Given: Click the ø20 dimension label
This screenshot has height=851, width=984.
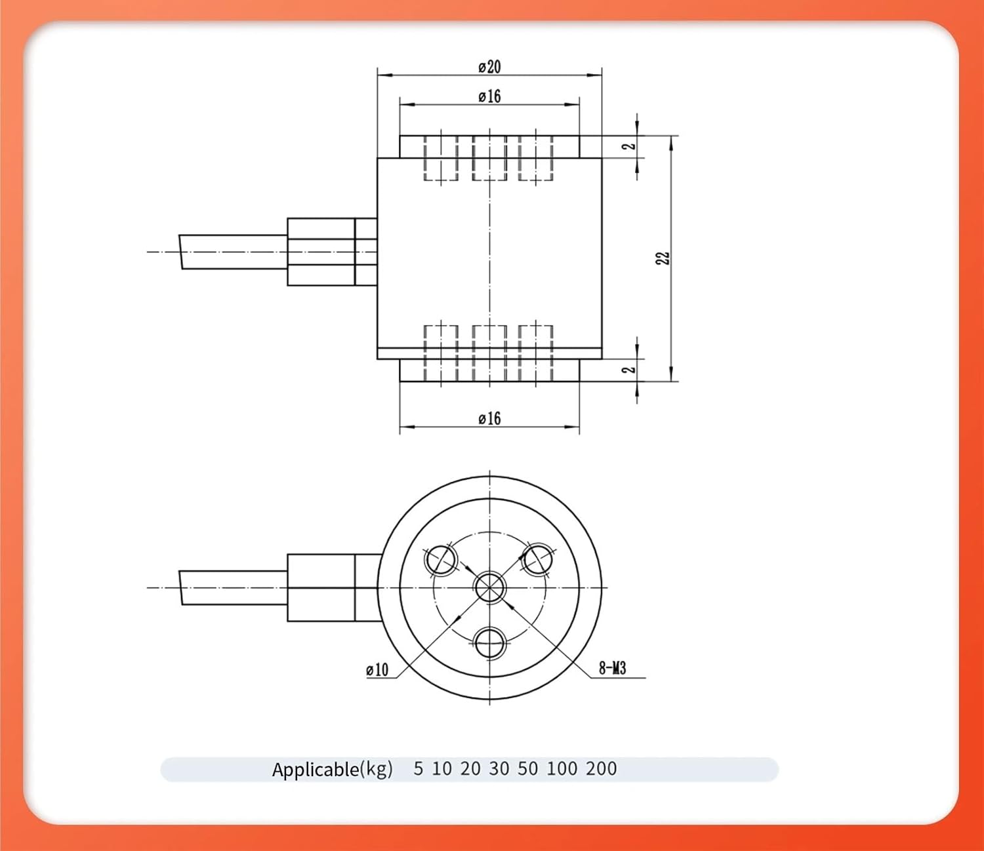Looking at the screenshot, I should (489, 67).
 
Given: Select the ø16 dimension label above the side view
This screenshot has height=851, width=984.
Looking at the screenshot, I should (489, 96).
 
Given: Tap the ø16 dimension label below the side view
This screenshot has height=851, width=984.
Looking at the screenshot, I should (489, 418).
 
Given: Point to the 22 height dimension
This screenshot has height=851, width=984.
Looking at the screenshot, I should (663, 258).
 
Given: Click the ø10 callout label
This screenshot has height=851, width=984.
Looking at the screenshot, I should (377, 669).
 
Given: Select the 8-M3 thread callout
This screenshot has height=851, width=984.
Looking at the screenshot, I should (612, 668).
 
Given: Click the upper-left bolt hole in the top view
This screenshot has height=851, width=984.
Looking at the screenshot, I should (441, 559).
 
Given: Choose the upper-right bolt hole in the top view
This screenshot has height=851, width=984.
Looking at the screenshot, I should (537, 559).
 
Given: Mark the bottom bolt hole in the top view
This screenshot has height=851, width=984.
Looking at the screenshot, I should (489, 643).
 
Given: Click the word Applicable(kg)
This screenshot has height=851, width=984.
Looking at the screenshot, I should (332, 769).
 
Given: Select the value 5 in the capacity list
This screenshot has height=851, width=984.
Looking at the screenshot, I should (418, 768).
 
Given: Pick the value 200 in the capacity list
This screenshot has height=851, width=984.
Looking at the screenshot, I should (601, 768).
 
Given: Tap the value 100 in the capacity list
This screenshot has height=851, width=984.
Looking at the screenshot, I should (561, 768).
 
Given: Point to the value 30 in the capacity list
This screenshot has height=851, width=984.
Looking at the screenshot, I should (499, 768).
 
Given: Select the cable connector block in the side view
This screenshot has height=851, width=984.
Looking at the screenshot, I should (321, 252).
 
